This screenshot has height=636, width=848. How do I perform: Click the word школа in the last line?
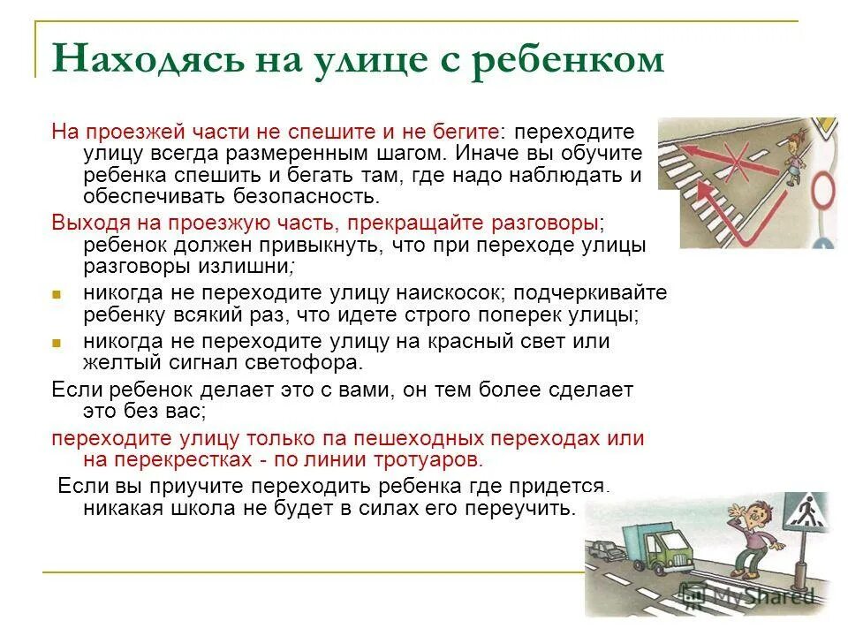click(216, 508)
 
